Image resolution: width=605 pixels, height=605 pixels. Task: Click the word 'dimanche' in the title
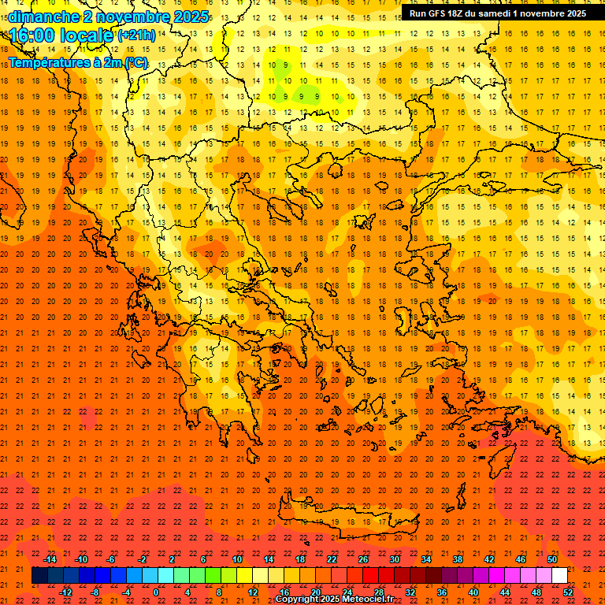pyautogui.click(x=44, y=17)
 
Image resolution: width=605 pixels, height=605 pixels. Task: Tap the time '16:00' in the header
pyautogui.click(x=32, y=35)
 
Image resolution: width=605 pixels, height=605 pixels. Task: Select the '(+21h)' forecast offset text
pyautogui.click(x=136, y=35)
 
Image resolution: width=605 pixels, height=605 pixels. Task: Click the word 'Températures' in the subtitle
pyautogui.click(x=50, y=62)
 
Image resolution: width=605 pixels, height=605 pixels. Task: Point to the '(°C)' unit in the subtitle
pyautogui.click(x=135, y=62)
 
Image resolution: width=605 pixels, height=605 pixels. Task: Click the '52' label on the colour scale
pyautogui.click(x=568, y=592)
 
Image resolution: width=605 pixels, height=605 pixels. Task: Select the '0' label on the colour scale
pyautogui.click(x=156, y=592)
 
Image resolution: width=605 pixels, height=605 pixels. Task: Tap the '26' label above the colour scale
pyautogui.click(x=363, y=559)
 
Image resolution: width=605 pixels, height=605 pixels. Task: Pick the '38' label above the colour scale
pyautogui.click(x=457, y=559)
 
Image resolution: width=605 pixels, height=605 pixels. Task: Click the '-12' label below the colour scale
pyautogui.click(x=65, y=592)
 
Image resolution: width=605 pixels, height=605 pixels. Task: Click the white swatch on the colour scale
pyautogui.click(x=559, y=576)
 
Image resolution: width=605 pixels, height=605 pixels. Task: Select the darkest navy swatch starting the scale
pyautogui.click(x=39, y=576)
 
